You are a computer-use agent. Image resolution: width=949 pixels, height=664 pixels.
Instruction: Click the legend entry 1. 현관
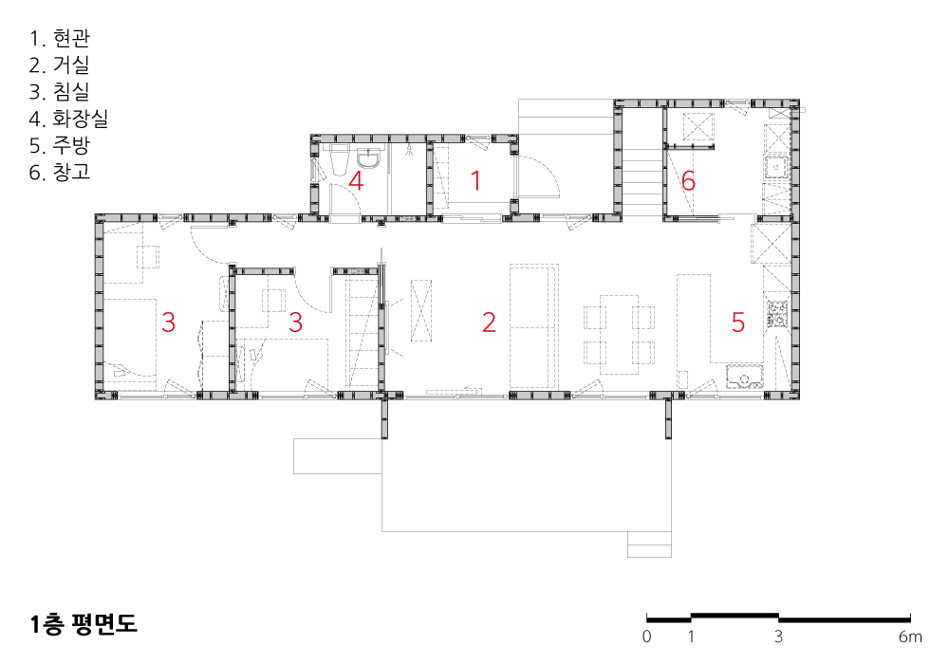point(59,38)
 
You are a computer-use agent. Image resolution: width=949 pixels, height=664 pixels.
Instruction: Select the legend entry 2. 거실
point(59,65)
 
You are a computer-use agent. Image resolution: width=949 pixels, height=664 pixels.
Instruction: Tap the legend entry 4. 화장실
point(68,118)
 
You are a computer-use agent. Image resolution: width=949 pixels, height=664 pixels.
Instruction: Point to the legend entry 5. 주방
point(59,145)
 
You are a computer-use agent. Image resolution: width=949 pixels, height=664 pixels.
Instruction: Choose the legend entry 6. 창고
point(59,172)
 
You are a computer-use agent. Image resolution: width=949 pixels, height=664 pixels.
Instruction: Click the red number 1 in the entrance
point(475,180)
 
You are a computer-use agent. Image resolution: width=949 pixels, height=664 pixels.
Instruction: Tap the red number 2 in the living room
point(489,323)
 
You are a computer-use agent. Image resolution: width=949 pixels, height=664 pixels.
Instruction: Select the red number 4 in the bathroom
point(356,181)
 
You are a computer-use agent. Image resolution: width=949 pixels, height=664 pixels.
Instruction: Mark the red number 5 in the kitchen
point(737,323)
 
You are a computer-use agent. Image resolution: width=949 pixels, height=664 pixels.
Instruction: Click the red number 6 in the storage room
point(688,181)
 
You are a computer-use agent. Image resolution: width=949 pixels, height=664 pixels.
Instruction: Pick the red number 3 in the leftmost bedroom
point(168,323)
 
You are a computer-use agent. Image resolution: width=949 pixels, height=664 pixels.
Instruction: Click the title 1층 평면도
point(84,623)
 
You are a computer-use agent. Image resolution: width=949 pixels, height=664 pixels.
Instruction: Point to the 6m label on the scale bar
point(910,636)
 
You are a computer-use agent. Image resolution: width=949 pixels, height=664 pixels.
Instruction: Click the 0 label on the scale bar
point(646,636)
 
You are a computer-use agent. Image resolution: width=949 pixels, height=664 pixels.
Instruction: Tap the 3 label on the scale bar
point(778,636)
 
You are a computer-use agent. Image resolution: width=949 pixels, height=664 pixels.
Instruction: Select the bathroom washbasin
point(368,158)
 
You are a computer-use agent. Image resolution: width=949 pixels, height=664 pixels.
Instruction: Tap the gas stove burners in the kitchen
point(776,313)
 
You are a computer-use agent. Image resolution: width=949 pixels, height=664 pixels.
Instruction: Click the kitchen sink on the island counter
point(744,377)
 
